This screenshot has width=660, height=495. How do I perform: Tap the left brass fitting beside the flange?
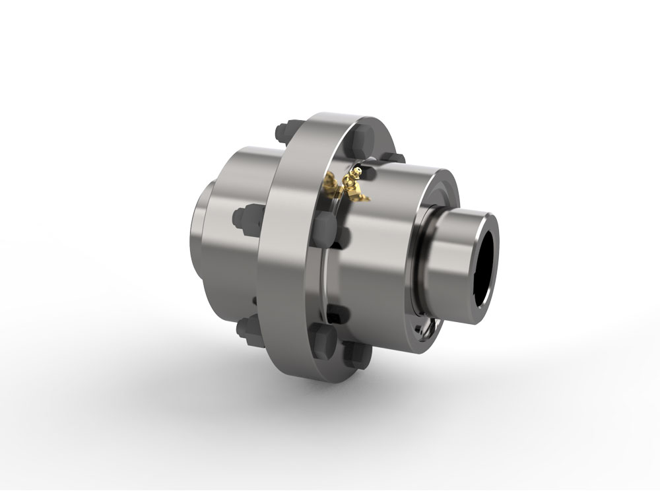pos(331,184)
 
